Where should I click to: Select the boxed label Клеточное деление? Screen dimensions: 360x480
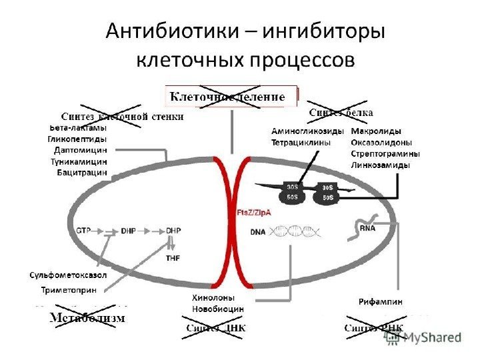tap(227, 97)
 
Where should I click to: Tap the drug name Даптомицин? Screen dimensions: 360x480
tap(81, 150)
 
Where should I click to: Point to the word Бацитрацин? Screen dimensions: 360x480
tap(82, 173)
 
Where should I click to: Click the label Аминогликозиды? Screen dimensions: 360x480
tap(307, 131)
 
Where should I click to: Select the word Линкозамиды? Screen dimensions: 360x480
tap(380, 164)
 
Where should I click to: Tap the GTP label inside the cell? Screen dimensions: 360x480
tap(83, 230)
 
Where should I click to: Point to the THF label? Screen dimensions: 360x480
tap(173, 257)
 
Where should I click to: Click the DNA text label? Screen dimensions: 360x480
tap(258, 233)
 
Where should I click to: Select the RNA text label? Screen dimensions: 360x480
tap(367, 228)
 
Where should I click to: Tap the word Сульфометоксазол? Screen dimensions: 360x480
tap(68, 275)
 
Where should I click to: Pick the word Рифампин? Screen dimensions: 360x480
tap(381, 302)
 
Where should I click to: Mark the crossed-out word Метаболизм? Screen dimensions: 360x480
tap(87, 318)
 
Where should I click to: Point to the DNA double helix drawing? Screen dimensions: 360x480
tap(301, 231)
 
